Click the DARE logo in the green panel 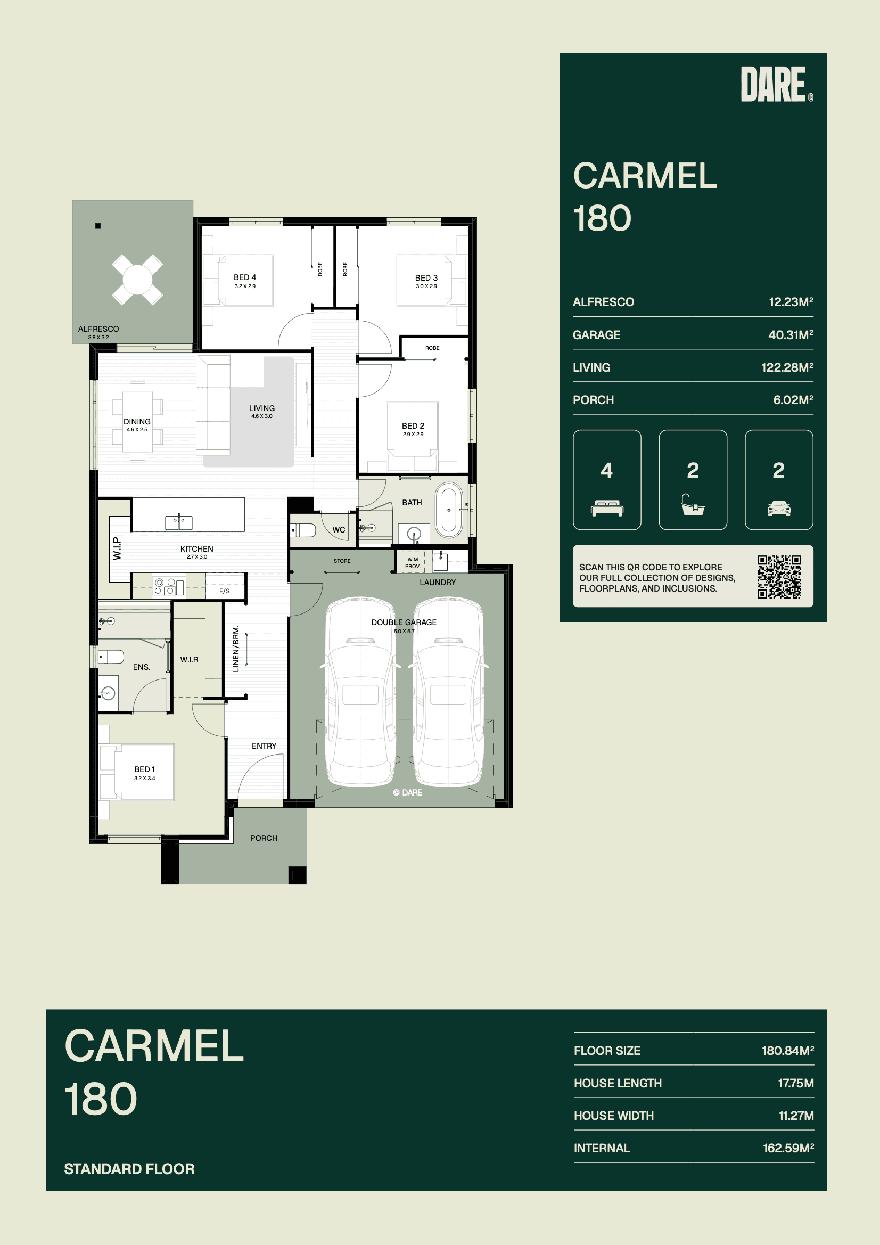(776, 84)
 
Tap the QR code (779, 576)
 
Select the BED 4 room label (245, 277)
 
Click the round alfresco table (137, 280)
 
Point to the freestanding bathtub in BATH (449, 510)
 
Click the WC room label (339, 530)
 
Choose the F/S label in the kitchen (225, 591)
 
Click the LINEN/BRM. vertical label (236, 649)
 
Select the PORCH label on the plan (264, 838)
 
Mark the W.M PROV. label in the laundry (413, 563)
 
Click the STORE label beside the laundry (342, 561)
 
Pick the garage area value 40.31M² (791, 334)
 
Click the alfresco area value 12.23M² (791, 301)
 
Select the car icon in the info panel (779, 508)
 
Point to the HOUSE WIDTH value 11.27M (796, 1116)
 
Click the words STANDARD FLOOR (129, 1168)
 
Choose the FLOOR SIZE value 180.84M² (788, 1050)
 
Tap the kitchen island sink (179, 522)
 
